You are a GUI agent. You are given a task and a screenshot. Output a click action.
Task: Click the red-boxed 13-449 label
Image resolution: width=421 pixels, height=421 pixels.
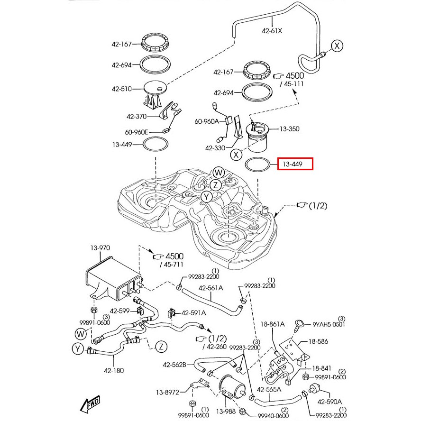295,165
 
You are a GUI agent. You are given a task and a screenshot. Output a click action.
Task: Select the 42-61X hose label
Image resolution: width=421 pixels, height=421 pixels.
272,31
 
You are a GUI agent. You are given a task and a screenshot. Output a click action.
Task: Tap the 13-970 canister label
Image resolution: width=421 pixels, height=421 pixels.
100,247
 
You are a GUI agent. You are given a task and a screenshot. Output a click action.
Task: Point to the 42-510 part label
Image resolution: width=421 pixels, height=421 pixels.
121,89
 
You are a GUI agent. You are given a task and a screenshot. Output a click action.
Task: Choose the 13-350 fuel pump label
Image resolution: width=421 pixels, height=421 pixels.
289,128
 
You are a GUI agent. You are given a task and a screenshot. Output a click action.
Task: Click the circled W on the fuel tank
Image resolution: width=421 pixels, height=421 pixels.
218,172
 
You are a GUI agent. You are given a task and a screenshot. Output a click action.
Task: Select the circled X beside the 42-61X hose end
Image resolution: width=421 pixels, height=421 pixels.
336,46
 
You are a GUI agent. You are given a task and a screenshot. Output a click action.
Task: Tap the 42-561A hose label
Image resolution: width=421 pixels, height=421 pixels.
211,288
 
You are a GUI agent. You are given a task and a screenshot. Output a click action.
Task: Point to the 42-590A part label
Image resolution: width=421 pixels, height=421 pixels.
329,402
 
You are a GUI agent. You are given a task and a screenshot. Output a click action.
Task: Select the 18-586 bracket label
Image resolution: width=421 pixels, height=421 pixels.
318,341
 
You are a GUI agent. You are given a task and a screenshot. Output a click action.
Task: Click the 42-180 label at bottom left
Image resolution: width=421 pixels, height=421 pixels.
114,370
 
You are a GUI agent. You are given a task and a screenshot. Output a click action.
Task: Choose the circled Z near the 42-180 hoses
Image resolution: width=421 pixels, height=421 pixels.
161,347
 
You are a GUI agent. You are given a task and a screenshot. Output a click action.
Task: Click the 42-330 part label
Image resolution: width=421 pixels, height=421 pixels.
215,148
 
